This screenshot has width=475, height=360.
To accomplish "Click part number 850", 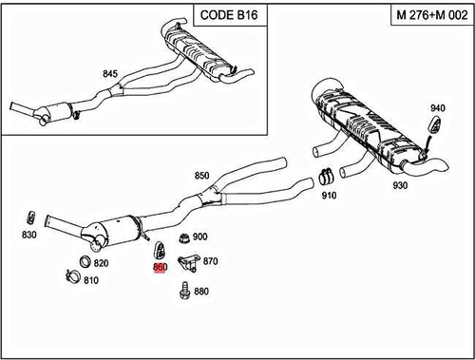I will coord(201,176).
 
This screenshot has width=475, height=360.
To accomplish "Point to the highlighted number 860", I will coord(160,269).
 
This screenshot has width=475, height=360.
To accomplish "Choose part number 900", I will coord(200,237).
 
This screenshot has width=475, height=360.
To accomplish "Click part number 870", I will coord(211,260).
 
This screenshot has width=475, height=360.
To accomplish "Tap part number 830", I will coord(29,235).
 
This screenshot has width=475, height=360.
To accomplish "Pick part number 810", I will coord(91,280).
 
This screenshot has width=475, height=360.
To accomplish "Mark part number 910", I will coord(330,196).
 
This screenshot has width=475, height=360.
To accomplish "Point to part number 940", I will coord(438,107).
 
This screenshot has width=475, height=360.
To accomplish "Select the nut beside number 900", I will coord(180,237).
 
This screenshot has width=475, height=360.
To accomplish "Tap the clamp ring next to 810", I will coord(70,277).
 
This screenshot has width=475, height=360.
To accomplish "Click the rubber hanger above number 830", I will coord(30,212).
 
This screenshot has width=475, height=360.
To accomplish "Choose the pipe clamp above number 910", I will coord(326,175).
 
